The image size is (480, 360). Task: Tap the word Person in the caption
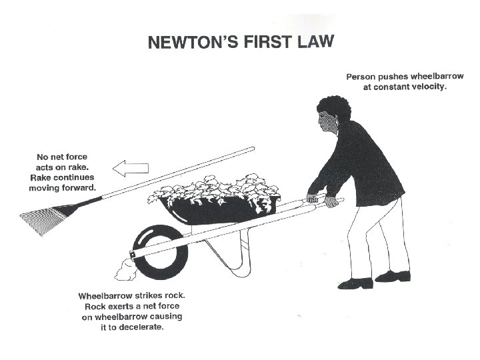[x=362, y=77]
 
